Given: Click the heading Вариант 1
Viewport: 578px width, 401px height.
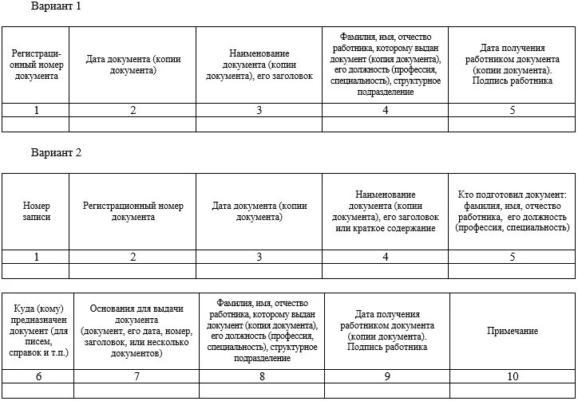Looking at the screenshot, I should pyautogui.click(x=56, y=6).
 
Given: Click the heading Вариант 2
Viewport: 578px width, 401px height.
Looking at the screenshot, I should pyautogui.click(x=56, y=152).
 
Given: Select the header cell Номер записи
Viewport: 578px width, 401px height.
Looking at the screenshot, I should pyautogui.click(x=36, y=211).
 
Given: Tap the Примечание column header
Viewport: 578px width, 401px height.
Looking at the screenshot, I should pyautogui.click(x=513, y=331).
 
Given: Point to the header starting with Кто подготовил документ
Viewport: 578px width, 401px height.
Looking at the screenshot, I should pyautogui.click(x=513, y=211).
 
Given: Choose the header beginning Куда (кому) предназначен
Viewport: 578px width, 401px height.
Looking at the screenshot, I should pyautogui.click(x=38, y=331).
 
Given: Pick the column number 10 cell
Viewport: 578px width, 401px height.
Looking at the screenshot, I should pyautogui.click(x=513, y=376).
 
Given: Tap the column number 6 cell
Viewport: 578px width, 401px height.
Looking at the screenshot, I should pyautogui.click(x=38, y=376).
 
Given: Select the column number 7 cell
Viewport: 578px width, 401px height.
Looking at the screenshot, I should pyautogui.click(x=137, y=376).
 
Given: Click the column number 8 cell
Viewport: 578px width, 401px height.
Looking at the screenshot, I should pyautogui.click(x=262, y=376).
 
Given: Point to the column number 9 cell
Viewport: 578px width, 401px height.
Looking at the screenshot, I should pyautogui.click(x=387, y=376).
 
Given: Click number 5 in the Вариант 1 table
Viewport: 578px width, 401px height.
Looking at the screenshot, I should pyautogui.click(x=513, y=111).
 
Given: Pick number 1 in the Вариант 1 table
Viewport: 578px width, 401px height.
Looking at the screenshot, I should pyautogui.click(x=36, y=111).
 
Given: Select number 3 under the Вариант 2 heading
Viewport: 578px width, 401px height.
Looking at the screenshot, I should pyautogui.click(x=259, y=257).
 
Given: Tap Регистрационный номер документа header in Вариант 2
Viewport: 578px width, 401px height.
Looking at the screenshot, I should pyautogui.click(x=133, y=211).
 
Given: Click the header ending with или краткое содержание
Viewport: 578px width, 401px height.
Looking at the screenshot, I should pyautogui.click(x=386, y=211).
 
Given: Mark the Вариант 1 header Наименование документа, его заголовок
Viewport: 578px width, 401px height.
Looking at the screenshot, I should pyautogui.click(x=259, y=65).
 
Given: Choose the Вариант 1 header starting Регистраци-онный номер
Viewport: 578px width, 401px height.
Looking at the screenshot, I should pyautogui.click(x=36, y=65).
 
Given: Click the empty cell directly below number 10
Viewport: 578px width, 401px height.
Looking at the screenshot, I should pyautogui.click(x=513, y=390).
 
